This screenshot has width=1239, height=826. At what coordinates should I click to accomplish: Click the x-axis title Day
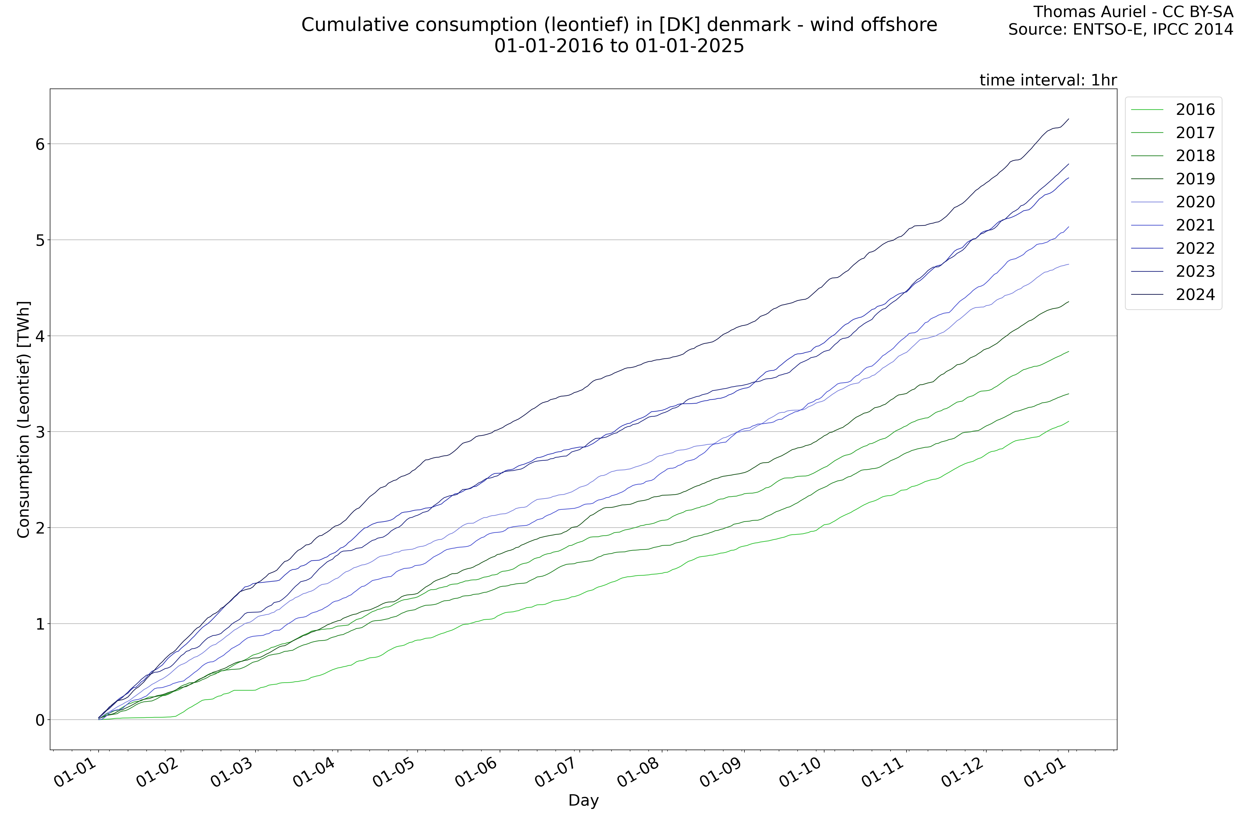pos(583,801)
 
